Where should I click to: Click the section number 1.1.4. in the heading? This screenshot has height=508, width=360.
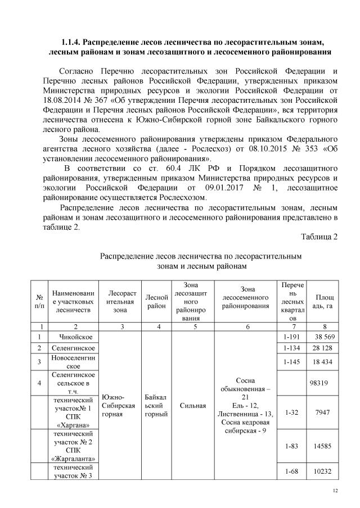click(x=71, y=43)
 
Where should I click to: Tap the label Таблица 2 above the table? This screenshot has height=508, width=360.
click(x=319, y=237)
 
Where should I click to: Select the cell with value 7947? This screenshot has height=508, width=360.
click(x=322, y=412)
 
